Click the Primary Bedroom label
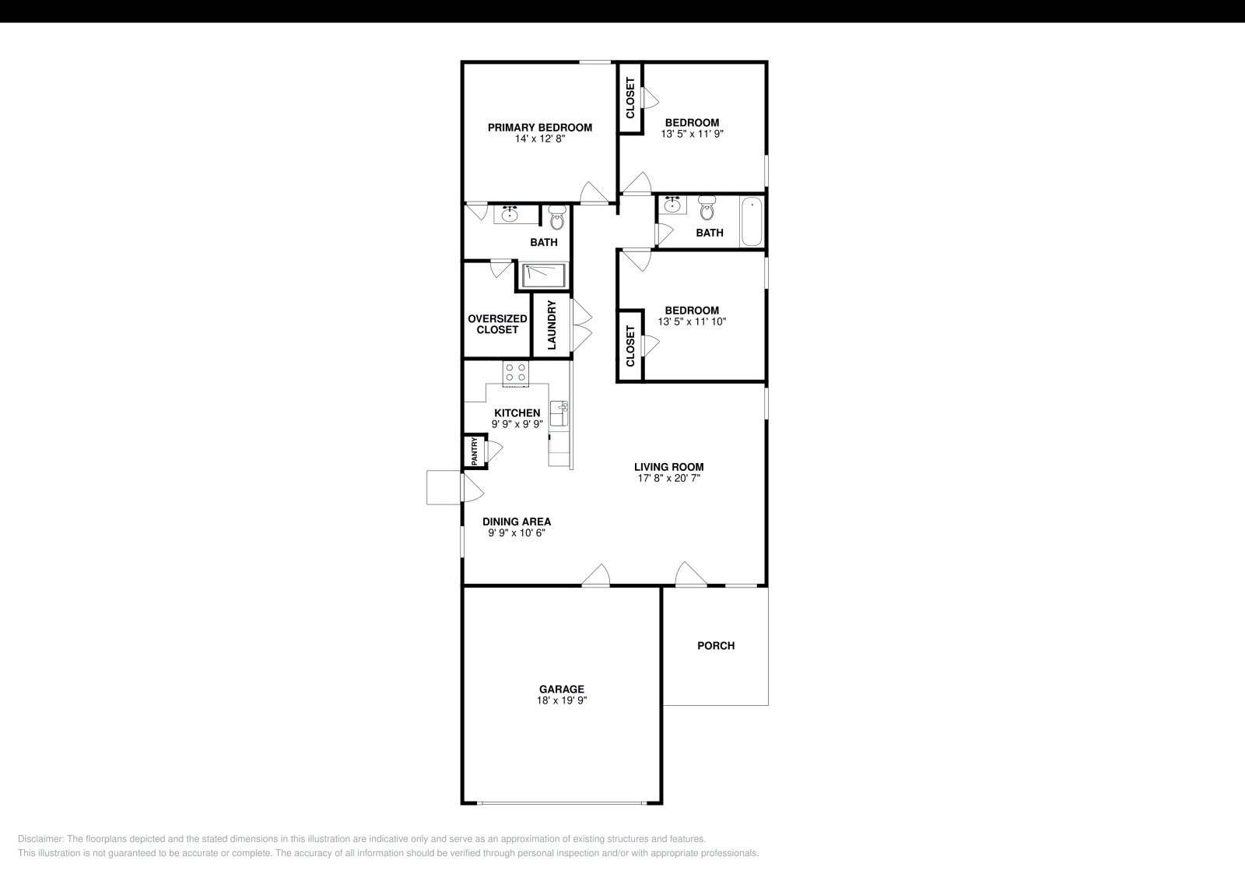click(x=539, y=128)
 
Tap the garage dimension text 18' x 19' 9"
click(x=561, y=700)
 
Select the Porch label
click(x=715, y=645)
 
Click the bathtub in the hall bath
click(x=752, y=223)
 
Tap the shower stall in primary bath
click(x=543, y=274)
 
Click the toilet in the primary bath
click(x=556, y=217)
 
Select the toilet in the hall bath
click(x=707, y=208)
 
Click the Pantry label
click(x=473, y=451)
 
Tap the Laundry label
click(x=552, y=325)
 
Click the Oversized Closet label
click(x=497, y=324)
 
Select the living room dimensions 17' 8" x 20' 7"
click(x=668, y=479)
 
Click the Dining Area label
click(x=517, y=521)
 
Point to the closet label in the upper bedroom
click(x=630, y=98)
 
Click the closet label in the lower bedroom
click(x=630, y=346)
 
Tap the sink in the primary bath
click(x=510, y=214)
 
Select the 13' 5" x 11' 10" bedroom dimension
click(x=692, y=321)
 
